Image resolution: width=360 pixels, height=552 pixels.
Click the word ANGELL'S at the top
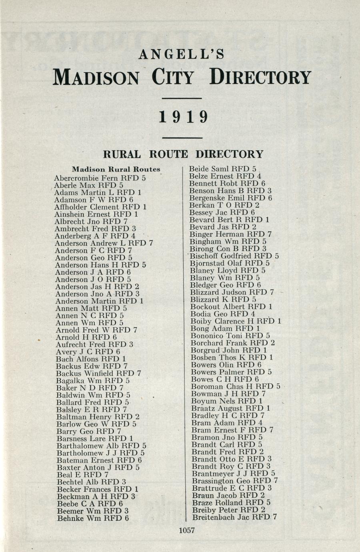click(x=181, y=54)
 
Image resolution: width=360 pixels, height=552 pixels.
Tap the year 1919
click(x=184, y=117)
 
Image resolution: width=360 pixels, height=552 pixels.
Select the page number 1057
click(x=186, y=530)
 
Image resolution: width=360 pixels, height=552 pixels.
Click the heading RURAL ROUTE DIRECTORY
click(x=183, y=154)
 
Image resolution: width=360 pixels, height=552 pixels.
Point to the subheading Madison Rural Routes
click(x=116, y=169)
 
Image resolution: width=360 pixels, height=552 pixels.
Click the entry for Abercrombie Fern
click(x=100, y=178)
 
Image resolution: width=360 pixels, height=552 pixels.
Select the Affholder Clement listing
click(x=100, y=207)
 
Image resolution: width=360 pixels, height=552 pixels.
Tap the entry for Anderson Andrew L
click(x=104, y=243)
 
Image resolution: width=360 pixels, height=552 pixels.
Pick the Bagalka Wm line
click(x=93, y=381)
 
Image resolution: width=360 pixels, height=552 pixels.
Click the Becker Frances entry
click(x=97, y=489)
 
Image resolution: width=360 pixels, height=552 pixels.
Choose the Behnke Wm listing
click(x=93, y=518)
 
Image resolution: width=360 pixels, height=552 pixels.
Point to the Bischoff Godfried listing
click(x=234, y=256)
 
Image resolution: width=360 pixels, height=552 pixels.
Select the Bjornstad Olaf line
click(x=230, y=263)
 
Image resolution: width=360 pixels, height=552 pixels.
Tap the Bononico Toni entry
click(x=230, y=336)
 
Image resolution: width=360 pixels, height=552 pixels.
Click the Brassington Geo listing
click(x=235, y=481)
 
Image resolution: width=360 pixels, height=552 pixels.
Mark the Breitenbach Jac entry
click(x=234, y=517)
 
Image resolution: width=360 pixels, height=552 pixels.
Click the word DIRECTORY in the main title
click(x=260, y=77)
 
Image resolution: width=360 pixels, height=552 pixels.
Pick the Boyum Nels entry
click(x=227, y=401)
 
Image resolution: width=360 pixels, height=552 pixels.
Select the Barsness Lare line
click(x=95, y=438)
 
